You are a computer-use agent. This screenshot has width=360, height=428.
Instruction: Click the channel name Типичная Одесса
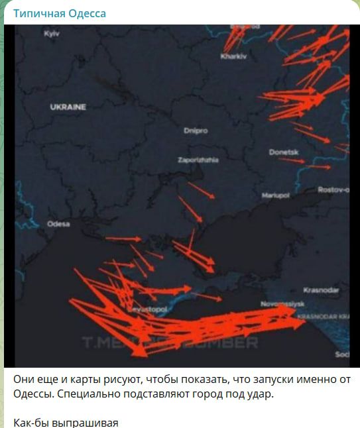60,13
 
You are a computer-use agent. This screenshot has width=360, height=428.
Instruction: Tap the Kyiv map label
52,34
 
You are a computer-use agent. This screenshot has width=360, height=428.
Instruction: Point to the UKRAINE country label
68,107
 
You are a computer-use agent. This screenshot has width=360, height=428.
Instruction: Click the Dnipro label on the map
196,131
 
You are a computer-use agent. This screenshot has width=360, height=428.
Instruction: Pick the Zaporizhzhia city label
198,160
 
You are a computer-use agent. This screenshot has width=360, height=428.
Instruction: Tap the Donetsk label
284,152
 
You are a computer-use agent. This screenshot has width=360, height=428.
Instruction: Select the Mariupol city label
276,196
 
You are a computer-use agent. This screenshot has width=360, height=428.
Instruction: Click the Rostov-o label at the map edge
333,190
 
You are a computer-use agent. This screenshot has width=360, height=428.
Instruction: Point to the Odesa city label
58,224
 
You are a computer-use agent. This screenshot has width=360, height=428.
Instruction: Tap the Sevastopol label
153,310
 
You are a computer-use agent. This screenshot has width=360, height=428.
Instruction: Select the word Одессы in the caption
33,394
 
